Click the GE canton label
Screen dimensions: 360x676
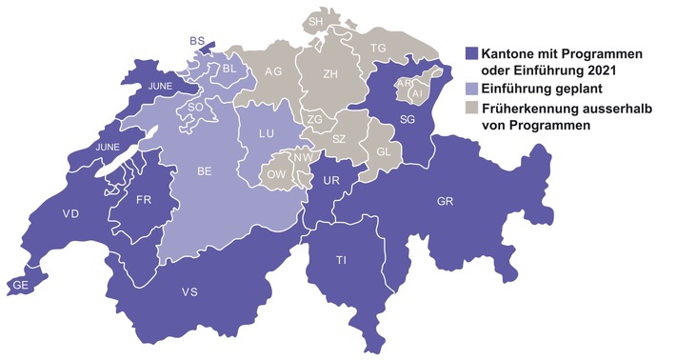tap(19, 284)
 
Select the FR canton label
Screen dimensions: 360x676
tap(145, 200)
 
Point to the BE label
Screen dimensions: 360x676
tap(204, 172)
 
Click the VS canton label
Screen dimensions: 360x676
tap(190, 291)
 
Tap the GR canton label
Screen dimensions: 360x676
tap(444, 203)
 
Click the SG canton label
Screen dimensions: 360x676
tap(408, 119)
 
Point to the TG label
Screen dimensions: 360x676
tap(378, 48)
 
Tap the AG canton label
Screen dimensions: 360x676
tap(273, 71)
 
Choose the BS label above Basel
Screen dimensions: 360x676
tap(197, 41)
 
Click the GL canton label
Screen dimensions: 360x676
tap(384, 152)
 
